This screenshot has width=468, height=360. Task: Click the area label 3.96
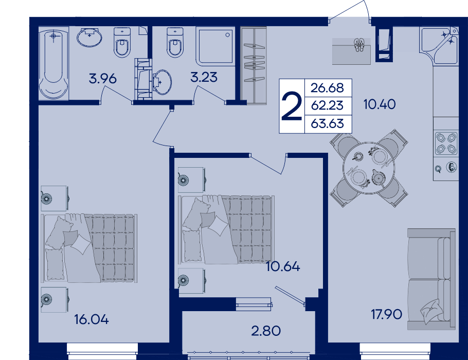(x=103, y=79)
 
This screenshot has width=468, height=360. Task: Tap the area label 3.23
(x=204, y=77)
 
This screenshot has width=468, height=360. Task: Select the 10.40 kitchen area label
(x=380, y=104)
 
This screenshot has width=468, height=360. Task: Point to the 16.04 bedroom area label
(x=92, y=319)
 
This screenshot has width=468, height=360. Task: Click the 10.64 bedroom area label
(x=283, y=266)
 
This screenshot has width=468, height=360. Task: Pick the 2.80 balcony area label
(x=266, y=331)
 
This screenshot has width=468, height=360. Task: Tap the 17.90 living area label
(x=386, y=314)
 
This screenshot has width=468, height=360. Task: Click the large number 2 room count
(x=292, y=106)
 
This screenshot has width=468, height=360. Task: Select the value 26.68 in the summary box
(x=328, y=88)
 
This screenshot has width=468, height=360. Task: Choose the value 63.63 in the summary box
(x=328, y=123)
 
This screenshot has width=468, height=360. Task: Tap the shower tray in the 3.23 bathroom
(x=214, y=46)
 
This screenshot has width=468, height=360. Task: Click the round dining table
(x=369, y=168)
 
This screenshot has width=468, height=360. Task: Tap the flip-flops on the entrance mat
(x=358, y=45)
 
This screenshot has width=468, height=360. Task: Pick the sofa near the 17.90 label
(x=431, y=279)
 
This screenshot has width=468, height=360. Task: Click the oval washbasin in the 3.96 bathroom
(x=89, y=38)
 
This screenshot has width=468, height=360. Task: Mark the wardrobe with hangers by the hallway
(x=254, y=65)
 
